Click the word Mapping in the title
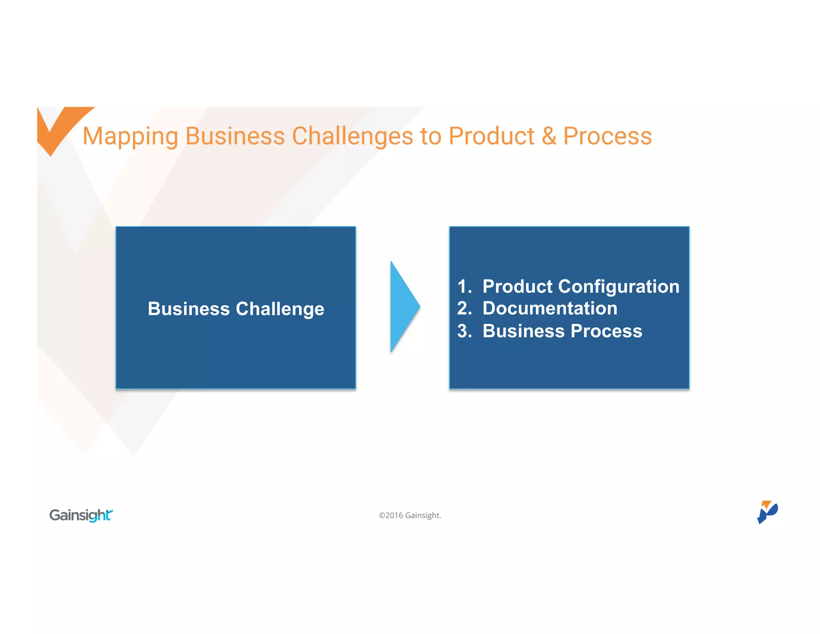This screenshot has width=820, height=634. pyautogui.click(x=130, y=136)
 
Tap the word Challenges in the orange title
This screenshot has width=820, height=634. pyautogui.click(x=352, y=136)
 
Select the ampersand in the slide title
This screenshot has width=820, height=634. pyautogui.click(x=549, y=136)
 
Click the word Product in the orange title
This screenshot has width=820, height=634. pyautogui.click(x=491, y=136)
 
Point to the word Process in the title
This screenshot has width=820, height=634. pyautogui.click(x=607, y=136)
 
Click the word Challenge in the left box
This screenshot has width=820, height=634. pyautogui.click(x=280, y=309)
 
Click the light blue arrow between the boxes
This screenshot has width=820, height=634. pyautogui.click(x=404, y=307)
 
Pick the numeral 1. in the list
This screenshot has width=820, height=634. pyautogui.click(x=464, y=287)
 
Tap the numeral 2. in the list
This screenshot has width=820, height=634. pyautogui.click(x=464, y=309)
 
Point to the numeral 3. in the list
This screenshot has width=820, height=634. pyautogui.click(x=464, y=331)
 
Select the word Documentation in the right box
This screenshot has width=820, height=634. pyautogui.click(x=550, y=309)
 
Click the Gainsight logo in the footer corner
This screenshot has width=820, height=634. pyautogui.click(x=81, y=515)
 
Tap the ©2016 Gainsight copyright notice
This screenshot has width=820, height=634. pyautogui.click(x=410, y=515)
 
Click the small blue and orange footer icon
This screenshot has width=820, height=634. pyautogui.click(x=767, y=512)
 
